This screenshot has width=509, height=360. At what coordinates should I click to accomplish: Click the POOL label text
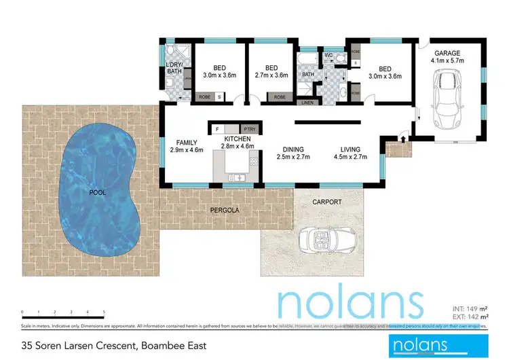point(98,193)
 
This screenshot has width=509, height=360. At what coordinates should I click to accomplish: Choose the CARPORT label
point(326,202)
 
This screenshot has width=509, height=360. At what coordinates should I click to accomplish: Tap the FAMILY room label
point(187,142)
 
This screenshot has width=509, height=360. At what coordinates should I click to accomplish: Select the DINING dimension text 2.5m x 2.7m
point(293,157)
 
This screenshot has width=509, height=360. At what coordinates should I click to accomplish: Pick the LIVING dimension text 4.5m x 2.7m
point(350,157)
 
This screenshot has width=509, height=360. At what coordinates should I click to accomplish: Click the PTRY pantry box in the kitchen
point(249,128)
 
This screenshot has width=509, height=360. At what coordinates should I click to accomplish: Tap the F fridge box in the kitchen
point(217,128)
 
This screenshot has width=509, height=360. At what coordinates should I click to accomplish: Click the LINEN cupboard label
point(308,103)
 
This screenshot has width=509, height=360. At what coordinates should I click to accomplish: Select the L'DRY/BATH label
point(174,68)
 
